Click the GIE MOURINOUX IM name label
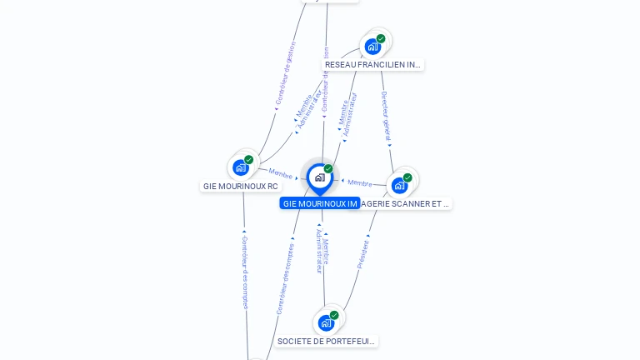[x=320, y=203]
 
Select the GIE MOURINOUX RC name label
[x=241, y=186]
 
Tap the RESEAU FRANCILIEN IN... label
[x=372, y=64]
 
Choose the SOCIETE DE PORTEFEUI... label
[x=326, y=341]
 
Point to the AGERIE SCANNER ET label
[x=407, y=203]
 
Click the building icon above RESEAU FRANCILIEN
[x=372, y=46]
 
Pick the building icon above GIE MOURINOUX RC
[x=240, y=167]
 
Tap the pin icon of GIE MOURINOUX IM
[x=320, y=177]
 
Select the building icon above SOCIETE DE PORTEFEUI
[x=325, y=322]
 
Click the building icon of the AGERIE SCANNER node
[x=399, y=185]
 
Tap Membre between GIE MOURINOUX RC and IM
[x=281, y=173]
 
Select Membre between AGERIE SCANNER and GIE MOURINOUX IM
[x=360, y=182]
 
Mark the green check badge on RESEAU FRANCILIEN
[x=381, y=38]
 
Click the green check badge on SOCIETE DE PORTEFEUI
[x=334, y=315]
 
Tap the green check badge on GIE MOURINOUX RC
[x=248, y=160]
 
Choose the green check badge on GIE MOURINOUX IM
[x=328, y=169]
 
